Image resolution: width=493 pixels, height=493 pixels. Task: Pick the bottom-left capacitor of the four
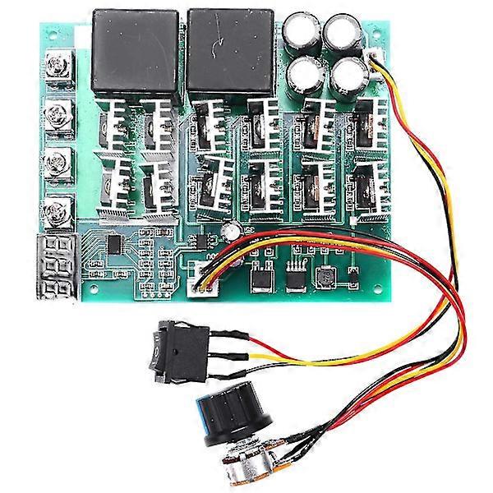coord(305,75)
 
